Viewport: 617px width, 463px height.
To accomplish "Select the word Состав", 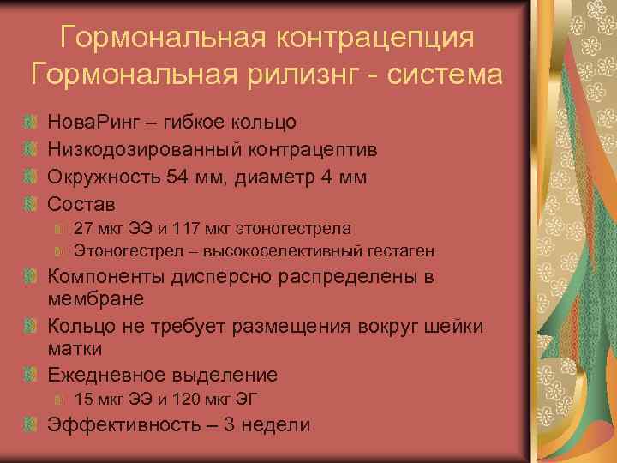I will pos(81,205).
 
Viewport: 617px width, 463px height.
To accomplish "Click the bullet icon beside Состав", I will pos(32,205).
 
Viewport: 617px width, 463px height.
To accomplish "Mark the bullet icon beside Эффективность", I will pos(32,424).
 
